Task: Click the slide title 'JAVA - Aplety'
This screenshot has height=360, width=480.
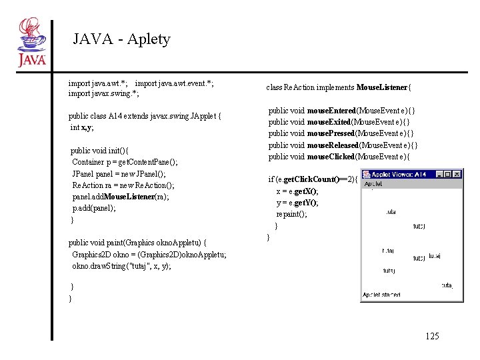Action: (121, 39)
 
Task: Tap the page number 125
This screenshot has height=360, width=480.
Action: (431, 336)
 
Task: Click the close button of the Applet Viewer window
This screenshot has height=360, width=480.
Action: (456, 175)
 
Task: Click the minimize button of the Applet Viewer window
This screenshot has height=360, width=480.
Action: (439, 175)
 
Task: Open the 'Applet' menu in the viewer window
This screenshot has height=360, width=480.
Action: (373, 183)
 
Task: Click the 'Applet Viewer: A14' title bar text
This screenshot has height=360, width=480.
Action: (400, 175)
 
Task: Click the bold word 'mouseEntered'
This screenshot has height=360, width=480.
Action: (331, 110)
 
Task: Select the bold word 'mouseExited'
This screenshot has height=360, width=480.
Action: (330, 122)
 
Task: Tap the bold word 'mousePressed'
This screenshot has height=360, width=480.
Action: (332, 133)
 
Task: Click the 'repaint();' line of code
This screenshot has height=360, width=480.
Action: (292, 214)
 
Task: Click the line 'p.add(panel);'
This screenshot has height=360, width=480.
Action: (94, 208)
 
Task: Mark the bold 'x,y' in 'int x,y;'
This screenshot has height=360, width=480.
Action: (87, 127)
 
